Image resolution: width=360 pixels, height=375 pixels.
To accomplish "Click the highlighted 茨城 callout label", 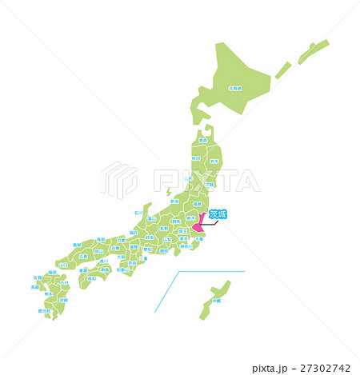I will coord(217,213).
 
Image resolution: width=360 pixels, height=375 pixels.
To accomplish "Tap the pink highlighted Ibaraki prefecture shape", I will coord(197,229).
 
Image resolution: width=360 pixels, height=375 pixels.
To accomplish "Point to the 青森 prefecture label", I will coord(202,140).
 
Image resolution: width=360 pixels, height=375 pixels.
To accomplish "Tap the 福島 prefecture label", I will coord(197,203).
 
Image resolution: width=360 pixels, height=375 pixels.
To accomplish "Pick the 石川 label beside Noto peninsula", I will coord(138,213).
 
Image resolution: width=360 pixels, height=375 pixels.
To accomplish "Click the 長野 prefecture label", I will coord(164,229).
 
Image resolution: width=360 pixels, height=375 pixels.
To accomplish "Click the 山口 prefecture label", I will coord(63,264).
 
